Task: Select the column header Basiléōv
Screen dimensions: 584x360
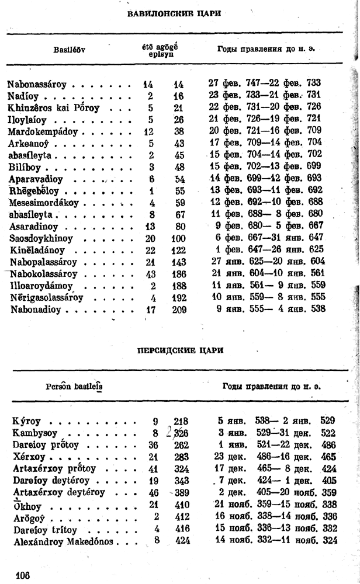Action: click(x=70, y=50)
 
